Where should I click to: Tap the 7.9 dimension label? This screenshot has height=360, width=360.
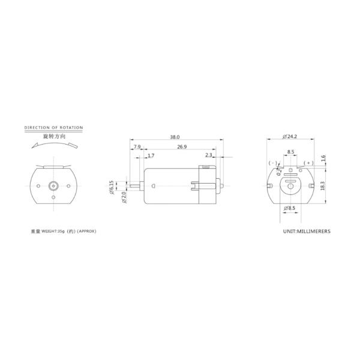(x=137, y=146)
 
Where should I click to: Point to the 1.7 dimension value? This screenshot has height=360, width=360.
(x=151, y=155)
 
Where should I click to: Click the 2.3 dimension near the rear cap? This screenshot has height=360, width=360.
(x=208, y=155)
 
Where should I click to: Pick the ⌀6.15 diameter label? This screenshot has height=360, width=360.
(x=112, y=187)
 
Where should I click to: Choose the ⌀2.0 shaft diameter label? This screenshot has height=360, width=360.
(x=123, y=196)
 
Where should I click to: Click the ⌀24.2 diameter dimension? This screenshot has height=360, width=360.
(x=291, y=136)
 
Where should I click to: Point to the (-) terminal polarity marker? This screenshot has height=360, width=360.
(x=273, y=163)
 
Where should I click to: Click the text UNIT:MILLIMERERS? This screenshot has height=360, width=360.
(x=306, y=230)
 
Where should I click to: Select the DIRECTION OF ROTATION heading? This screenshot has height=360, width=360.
(x=53, y=128)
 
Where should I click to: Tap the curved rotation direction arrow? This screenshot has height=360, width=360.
(x=53, y=145)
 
